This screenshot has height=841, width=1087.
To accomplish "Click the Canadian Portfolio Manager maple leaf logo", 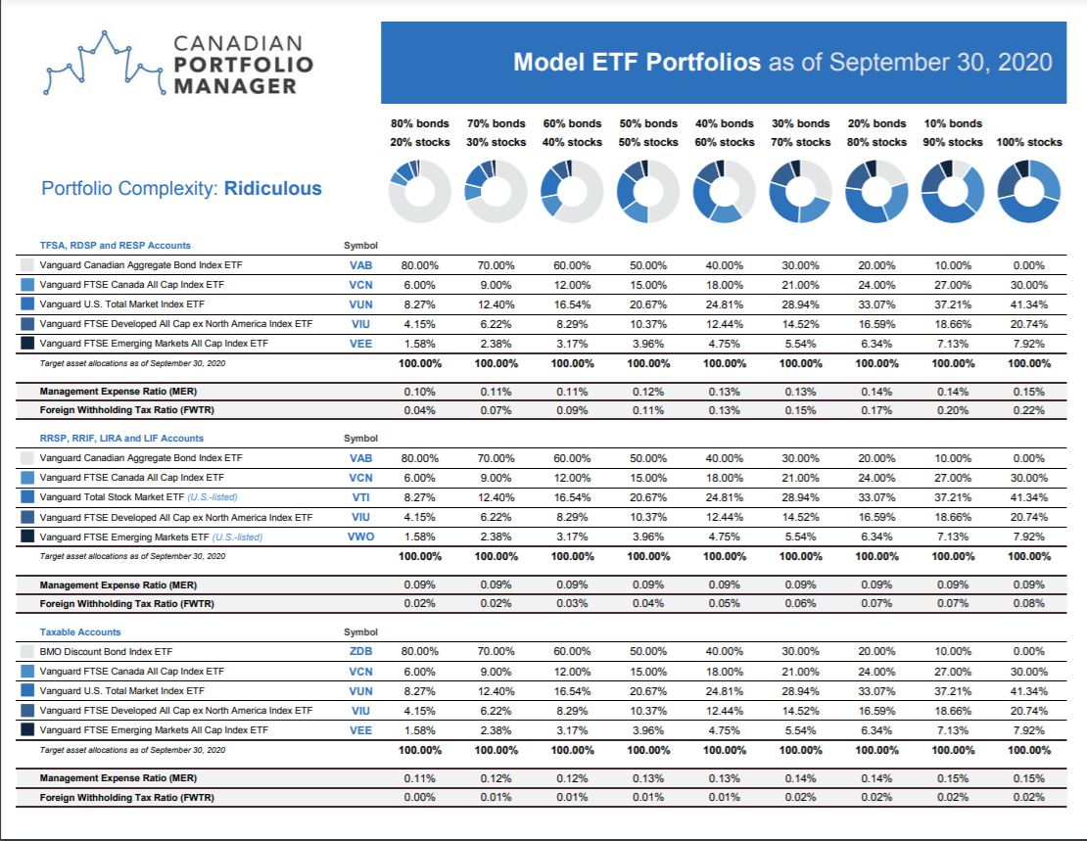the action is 104,63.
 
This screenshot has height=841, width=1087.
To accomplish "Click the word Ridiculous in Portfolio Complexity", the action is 272,189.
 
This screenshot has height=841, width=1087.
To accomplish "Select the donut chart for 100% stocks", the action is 1029,191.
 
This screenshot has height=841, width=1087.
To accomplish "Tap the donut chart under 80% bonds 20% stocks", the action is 419,191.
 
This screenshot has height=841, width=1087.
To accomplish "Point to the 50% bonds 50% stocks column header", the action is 648,132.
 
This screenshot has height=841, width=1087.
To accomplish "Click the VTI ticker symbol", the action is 360,497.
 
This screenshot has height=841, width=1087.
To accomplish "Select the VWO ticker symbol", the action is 360,537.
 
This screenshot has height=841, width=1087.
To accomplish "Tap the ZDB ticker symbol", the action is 360,651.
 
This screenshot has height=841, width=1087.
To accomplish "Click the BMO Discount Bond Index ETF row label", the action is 106,652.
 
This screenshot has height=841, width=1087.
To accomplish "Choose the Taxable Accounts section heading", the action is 80,632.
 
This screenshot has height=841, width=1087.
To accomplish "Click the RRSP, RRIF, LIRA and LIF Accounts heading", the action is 122,439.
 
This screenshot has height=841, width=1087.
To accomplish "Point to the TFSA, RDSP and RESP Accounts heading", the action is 116,246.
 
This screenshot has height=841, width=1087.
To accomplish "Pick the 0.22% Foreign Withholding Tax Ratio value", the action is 1029,410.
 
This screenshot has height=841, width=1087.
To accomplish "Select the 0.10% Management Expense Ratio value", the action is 419,392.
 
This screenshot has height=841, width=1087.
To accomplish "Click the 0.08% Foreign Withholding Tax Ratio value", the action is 1029,603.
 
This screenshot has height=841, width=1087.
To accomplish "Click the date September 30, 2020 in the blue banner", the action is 941,63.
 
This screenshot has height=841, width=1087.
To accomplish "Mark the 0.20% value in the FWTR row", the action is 953,410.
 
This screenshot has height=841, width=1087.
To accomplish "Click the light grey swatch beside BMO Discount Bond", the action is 27,652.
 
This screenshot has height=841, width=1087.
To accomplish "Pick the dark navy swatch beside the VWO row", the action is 27,537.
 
